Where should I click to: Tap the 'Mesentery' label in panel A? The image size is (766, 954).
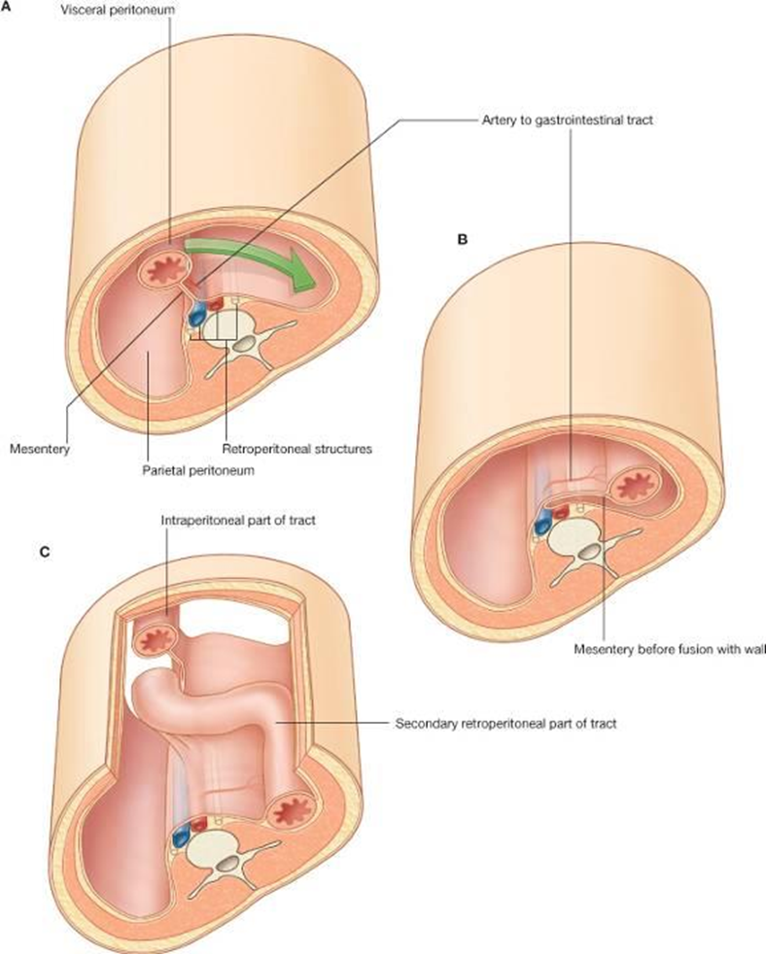click(37, 450)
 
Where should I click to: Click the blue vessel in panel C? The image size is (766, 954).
click(181, 835)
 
